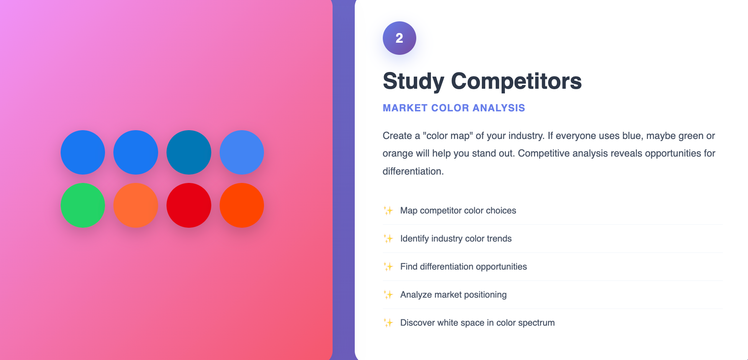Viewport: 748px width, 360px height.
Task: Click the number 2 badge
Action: point(400,38)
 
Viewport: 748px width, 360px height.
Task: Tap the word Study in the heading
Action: point(413,82)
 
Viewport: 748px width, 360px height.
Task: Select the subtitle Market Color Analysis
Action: point(454,108)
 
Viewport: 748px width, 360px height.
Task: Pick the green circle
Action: point(83,205)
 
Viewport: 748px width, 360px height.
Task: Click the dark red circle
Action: point(189,205)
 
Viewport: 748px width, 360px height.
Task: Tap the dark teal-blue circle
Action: point(189,152)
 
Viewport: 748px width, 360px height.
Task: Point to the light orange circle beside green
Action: point(136,205)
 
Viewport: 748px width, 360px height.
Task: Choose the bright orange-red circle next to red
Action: point(242,205)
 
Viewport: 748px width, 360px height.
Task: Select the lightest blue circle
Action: point(242,152)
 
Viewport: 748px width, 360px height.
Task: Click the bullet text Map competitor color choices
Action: point(458,211)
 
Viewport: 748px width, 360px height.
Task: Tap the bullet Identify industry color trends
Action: point(456,239)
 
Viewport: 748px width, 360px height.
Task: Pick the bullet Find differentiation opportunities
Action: point(464,267)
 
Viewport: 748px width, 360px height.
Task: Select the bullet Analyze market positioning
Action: point(453,295)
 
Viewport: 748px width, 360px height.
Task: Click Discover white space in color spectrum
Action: point(477,323)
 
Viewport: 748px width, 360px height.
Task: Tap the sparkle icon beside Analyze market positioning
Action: point(388,295)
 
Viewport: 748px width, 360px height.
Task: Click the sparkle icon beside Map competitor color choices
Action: point(388,211)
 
